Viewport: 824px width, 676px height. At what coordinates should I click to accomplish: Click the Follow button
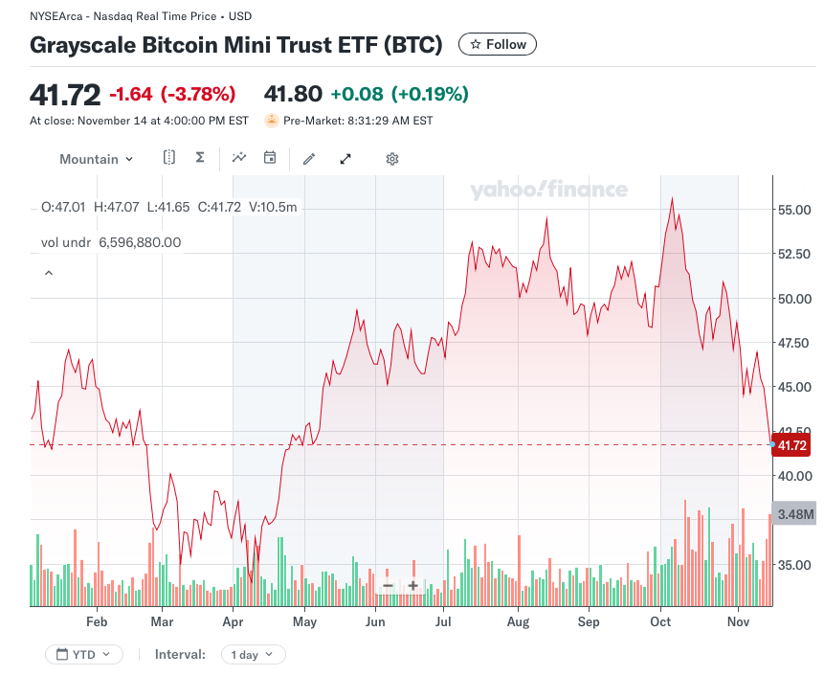click(x=498, y=44)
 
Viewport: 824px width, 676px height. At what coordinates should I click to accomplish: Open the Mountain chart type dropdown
click(x=96, y=159)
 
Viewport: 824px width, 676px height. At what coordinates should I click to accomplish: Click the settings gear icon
click(x=391, y=159)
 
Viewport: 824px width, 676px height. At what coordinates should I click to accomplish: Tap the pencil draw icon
click(x=309, y=159)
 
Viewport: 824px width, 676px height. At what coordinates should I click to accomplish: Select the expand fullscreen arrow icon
click(x=345, y=159)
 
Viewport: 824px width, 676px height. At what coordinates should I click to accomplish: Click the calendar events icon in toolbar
click(x=270, y=158)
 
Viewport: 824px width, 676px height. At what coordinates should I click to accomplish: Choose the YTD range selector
click(x=84, y=655)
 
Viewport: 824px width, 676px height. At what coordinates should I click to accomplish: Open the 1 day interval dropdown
click(x=253, y=655)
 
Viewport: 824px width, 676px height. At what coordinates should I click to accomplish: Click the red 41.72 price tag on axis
click(x=791, y=445)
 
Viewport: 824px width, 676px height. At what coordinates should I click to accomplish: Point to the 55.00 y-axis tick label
click(x=796, y=210)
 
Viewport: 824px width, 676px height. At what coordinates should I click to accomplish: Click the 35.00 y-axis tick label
click(x=796, y=565)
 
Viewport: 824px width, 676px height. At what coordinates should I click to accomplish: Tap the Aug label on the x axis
click(x=517, y=621)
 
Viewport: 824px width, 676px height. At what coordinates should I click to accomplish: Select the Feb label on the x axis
click(x=97, y=621)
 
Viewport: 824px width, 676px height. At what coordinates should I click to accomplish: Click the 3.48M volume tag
click(x=794, y=514)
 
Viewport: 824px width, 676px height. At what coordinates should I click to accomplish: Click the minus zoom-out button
click(x=388, y=586)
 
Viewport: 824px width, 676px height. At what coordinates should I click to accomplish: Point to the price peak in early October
click(x=673, y=198)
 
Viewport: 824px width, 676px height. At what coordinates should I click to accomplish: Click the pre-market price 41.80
click(x=292, y=94)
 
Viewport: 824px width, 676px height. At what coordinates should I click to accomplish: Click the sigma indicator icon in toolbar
click(x=200, y=158)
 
